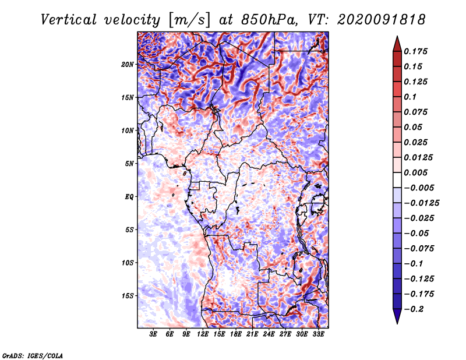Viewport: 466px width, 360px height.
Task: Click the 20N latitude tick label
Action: [128, 64]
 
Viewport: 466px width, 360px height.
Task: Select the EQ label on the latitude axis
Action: [129, 196]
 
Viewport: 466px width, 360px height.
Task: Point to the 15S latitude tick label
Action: [128, 296]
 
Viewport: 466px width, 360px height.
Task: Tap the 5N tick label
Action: [129, 164]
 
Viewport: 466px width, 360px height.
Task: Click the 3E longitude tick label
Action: [153, 334]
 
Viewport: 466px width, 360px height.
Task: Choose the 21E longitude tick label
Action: [252, 334]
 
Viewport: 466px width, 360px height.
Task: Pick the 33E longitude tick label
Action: [318, 334]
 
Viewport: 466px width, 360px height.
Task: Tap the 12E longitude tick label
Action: [202, 334]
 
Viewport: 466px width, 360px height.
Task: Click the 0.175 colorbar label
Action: [415, 51]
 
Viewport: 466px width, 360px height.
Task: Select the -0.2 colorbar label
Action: [414, 309]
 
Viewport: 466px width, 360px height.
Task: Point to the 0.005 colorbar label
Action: [415, 172]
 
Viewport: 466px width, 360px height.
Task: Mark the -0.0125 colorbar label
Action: [421, 203]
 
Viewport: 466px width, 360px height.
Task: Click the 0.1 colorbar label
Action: [410, 97]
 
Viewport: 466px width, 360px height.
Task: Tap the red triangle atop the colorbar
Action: [397, 44]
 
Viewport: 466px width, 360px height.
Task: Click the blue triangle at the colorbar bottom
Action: [397, 316]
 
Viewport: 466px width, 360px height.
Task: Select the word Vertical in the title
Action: [68, 20]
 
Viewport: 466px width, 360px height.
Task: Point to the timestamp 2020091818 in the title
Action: [381, 20]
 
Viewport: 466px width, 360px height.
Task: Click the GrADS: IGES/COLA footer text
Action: [33, 355]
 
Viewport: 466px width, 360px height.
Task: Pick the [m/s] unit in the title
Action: [189, 20]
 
